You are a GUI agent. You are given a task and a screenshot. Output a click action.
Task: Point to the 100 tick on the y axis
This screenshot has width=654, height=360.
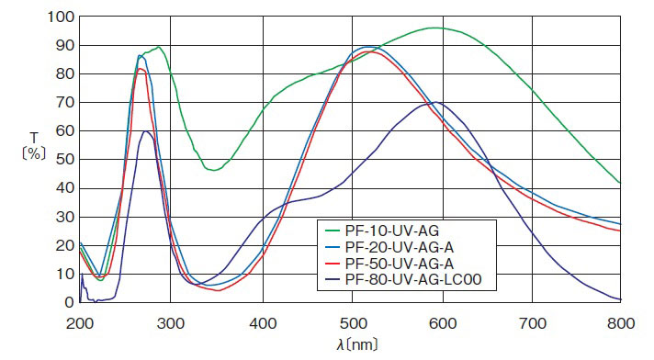tap(61, 17)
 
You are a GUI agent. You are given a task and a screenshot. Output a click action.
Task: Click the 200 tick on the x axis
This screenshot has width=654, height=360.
tap(81, 322)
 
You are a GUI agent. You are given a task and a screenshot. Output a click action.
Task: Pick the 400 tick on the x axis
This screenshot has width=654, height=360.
tap(263, 322)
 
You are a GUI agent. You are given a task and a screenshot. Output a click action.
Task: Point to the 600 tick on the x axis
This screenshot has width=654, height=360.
tap(443, 322)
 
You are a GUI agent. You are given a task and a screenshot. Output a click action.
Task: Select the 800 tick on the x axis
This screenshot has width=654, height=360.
tap(622, 322)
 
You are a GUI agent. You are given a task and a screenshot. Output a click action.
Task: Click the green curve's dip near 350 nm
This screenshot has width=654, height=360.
tap(213, 170)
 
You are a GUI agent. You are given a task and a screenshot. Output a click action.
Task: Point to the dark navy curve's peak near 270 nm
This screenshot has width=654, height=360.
tap(145, 130)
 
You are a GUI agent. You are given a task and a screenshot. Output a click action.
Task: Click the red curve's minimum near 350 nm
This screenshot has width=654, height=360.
tap(217, 290)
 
